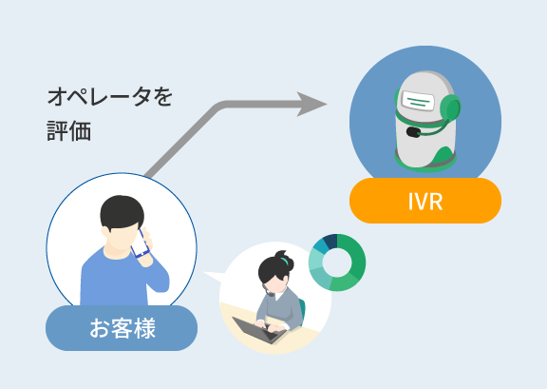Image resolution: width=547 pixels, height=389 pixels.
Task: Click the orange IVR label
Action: click(x=425, y=201)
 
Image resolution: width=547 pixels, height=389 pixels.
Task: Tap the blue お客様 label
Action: click(x=122, y=328)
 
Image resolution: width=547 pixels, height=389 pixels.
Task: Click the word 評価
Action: click(x=69, y=131)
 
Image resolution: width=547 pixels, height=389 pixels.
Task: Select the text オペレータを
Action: click(x=110, y=97)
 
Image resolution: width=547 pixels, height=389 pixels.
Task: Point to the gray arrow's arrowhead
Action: click(x=311, y=105)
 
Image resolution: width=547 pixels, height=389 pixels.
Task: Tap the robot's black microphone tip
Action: click(x=413, y=132)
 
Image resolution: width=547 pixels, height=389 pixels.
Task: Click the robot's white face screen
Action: click(x=418, y=101)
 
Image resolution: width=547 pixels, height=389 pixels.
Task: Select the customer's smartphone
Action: click(x=140, y=243)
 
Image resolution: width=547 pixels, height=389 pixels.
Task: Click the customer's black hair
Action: click(x=122, y=212)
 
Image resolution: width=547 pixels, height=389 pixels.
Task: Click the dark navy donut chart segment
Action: click(x=330, y=241)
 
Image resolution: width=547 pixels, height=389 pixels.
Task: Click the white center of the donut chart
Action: click(x=337, y=263)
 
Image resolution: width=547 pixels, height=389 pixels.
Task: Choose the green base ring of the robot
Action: click(x=425, y=165)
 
